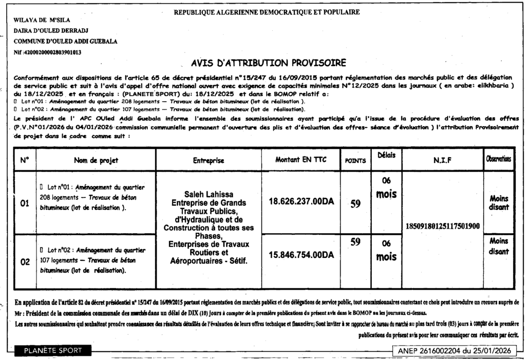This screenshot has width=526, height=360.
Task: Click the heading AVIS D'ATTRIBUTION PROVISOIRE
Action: click(x=268, y=64)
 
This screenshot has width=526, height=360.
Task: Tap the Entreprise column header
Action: click(x=209, y=160)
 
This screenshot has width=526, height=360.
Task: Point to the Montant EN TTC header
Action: click(x=300, y=159)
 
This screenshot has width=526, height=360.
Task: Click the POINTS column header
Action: click(x=355, y=161)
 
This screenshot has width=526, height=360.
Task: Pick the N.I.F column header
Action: click(x=442, y=160)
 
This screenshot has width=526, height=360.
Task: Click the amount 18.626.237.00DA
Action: click(x=301, y=201)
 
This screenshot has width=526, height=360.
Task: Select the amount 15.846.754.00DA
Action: click(x=301, y=254)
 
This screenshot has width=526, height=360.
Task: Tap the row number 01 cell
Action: click(x=24, y=203)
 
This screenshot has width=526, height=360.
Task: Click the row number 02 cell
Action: click(x=24, y=262)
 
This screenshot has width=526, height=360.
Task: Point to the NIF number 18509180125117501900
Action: click(x=443, y=226)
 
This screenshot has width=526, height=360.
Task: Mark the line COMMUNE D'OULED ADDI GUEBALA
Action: click(x=65, y=41)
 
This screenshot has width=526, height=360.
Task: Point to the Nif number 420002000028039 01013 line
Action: click(x=47, y=52)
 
